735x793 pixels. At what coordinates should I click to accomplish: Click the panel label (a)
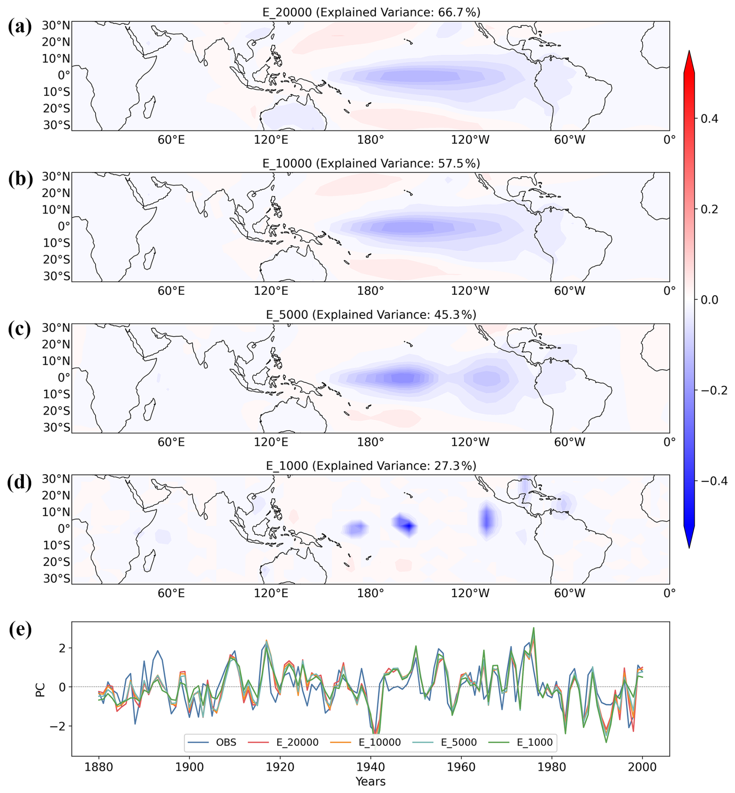20,27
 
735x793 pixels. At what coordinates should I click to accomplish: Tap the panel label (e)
20,629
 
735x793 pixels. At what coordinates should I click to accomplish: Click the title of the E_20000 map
371,12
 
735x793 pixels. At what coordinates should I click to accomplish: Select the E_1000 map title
371,466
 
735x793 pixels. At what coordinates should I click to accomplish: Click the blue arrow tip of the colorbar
689,547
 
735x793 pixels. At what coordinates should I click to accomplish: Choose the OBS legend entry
212,742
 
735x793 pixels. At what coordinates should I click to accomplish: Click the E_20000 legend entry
284,742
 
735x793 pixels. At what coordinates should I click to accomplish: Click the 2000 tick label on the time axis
642,767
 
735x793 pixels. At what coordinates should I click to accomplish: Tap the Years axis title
371,781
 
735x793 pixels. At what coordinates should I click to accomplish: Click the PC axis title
40,690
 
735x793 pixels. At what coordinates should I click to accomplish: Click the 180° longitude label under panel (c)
371,442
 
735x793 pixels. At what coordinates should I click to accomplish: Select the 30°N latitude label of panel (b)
56,176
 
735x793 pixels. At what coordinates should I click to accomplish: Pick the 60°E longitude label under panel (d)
171,593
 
